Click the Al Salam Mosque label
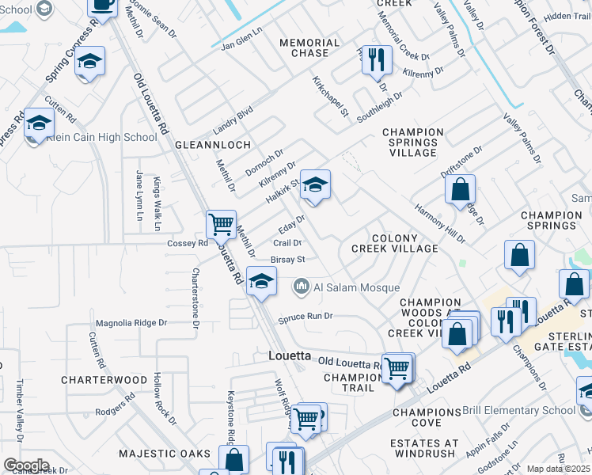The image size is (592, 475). coord(356,287)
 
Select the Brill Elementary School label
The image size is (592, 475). coord(530,410)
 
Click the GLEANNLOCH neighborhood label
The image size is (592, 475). coord(213,145)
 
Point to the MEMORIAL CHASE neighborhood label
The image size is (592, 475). coord(304,47)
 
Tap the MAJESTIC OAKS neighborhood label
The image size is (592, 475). coord(165,454)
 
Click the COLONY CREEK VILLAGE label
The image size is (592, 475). coord(394,243)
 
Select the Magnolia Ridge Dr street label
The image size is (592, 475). coord(131,322)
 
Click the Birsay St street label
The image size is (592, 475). coord(288,259)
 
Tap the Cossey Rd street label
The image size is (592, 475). coord(187,244)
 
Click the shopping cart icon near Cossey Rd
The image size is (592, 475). coord(221,223)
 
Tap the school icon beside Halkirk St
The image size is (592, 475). coord(316,186)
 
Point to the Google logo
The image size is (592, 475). coord(26,465)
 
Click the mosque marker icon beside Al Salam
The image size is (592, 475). coord(301,287)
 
